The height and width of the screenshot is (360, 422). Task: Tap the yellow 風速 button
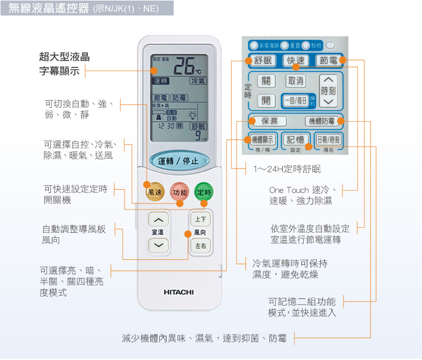click(x=155, y=192)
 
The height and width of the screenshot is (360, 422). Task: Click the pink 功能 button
click(x=180, y=192)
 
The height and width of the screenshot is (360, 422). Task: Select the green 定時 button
click(x=204, y=192)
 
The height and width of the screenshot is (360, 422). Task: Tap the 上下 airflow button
click(x=200, y=220)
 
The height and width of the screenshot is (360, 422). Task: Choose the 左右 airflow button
click(x=200, y=246)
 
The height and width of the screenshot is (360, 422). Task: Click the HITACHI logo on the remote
click(x=179, y=291)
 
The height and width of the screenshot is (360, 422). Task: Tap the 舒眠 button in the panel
click(x=263, y=60)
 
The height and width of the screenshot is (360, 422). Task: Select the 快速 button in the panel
click(x=296, y=60)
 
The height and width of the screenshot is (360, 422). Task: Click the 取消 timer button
click(x=296, y=81)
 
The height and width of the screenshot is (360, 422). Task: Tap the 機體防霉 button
click(x=321, y=121)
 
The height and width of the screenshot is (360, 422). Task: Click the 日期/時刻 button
click(x=328, y=139)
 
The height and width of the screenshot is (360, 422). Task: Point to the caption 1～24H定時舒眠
click(x=286, y=169)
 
